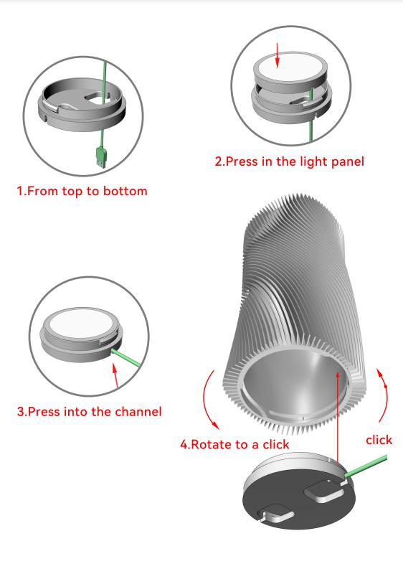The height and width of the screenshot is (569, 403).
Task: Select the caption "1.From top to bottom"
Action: pos(82,192)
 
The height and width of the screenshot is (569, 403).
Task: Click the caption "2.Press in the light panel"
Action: pos(289,161)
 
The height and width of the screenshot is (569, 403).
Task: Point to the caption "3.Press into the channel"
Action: pos(90,411)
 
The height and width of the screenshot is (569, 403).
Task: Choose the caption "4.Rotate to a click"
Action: pos(234,444)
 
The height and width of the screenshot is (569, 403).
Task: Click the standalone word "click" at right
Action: pos(379,439)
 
